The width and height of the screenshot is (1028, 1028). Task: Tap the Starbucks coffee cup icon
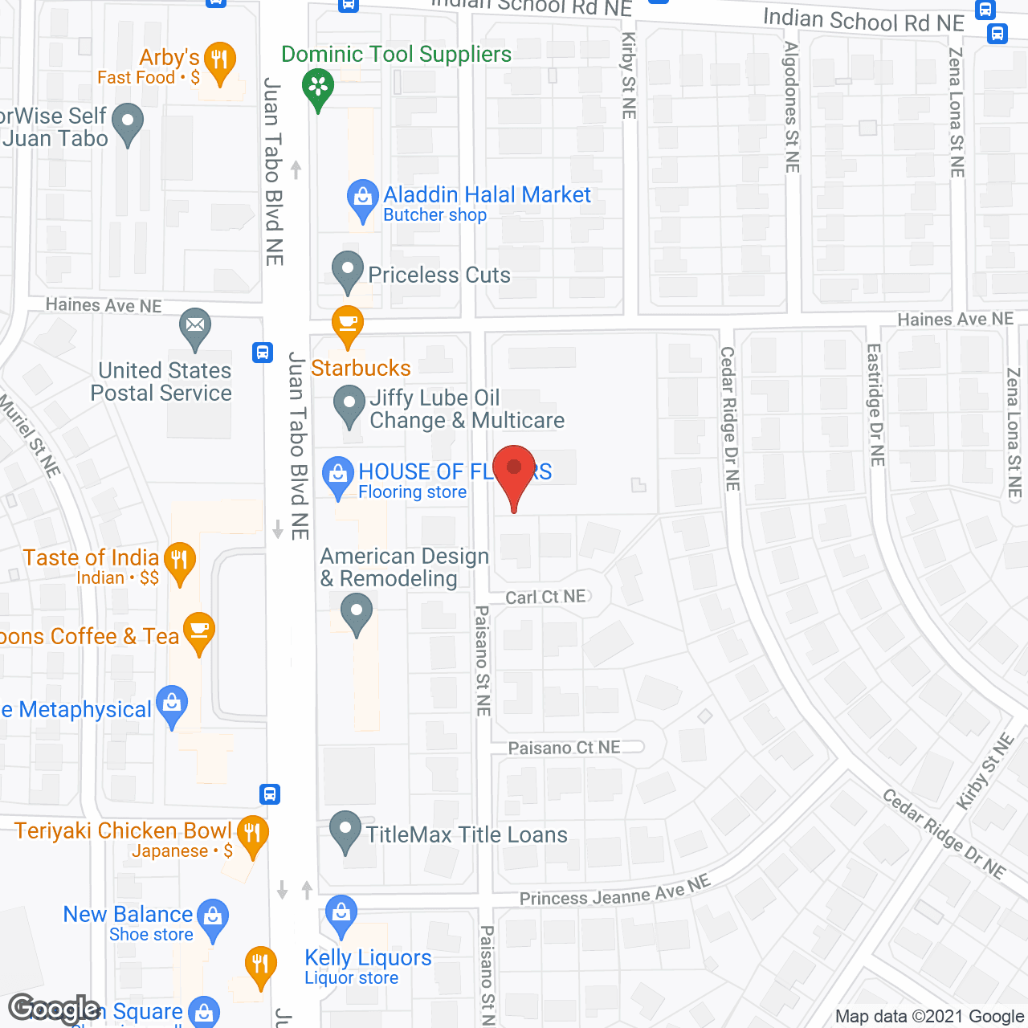[x=348, y=324]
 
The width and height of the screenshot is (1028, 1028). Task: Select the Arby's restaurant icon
[x=219, y=61]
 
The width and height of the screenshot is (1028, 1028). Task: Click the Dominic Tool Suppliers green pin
[x=318, y=88]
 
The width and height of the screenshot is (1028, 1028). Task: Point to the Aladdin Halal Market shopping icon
[x=363, y=198]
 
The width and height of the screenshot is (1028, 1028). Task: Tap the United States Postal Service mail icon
[x=195, y=327]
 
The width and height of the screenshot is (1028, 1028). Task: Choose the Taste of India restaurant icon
[x=179, y=561]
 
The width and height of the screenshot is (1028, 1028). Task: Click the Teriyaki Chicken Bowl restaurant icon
[x=252, y=834]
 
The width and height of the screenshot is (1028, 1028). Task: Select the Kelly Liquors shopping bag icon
[x=341, y=914]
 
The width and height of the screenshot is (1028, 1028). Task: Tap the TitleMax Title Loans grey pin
[x=346, y=831]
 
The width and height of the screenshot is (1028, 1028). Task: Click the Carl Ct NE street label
[x=546, y=597]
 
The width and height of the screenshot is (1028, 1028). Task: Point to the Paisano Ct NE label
[x=564, y=748]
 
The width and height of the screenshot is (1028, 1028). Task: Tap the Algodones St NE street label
[x=792, y=107]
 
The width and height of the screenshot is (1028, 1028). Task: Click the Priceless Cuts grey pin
[x=348, y=271]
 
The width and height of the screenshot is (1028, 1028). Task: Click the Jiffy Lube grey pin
[x=349, y=405]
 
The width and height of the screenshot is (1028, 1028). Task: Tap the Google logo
[x=55, y=1008]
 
